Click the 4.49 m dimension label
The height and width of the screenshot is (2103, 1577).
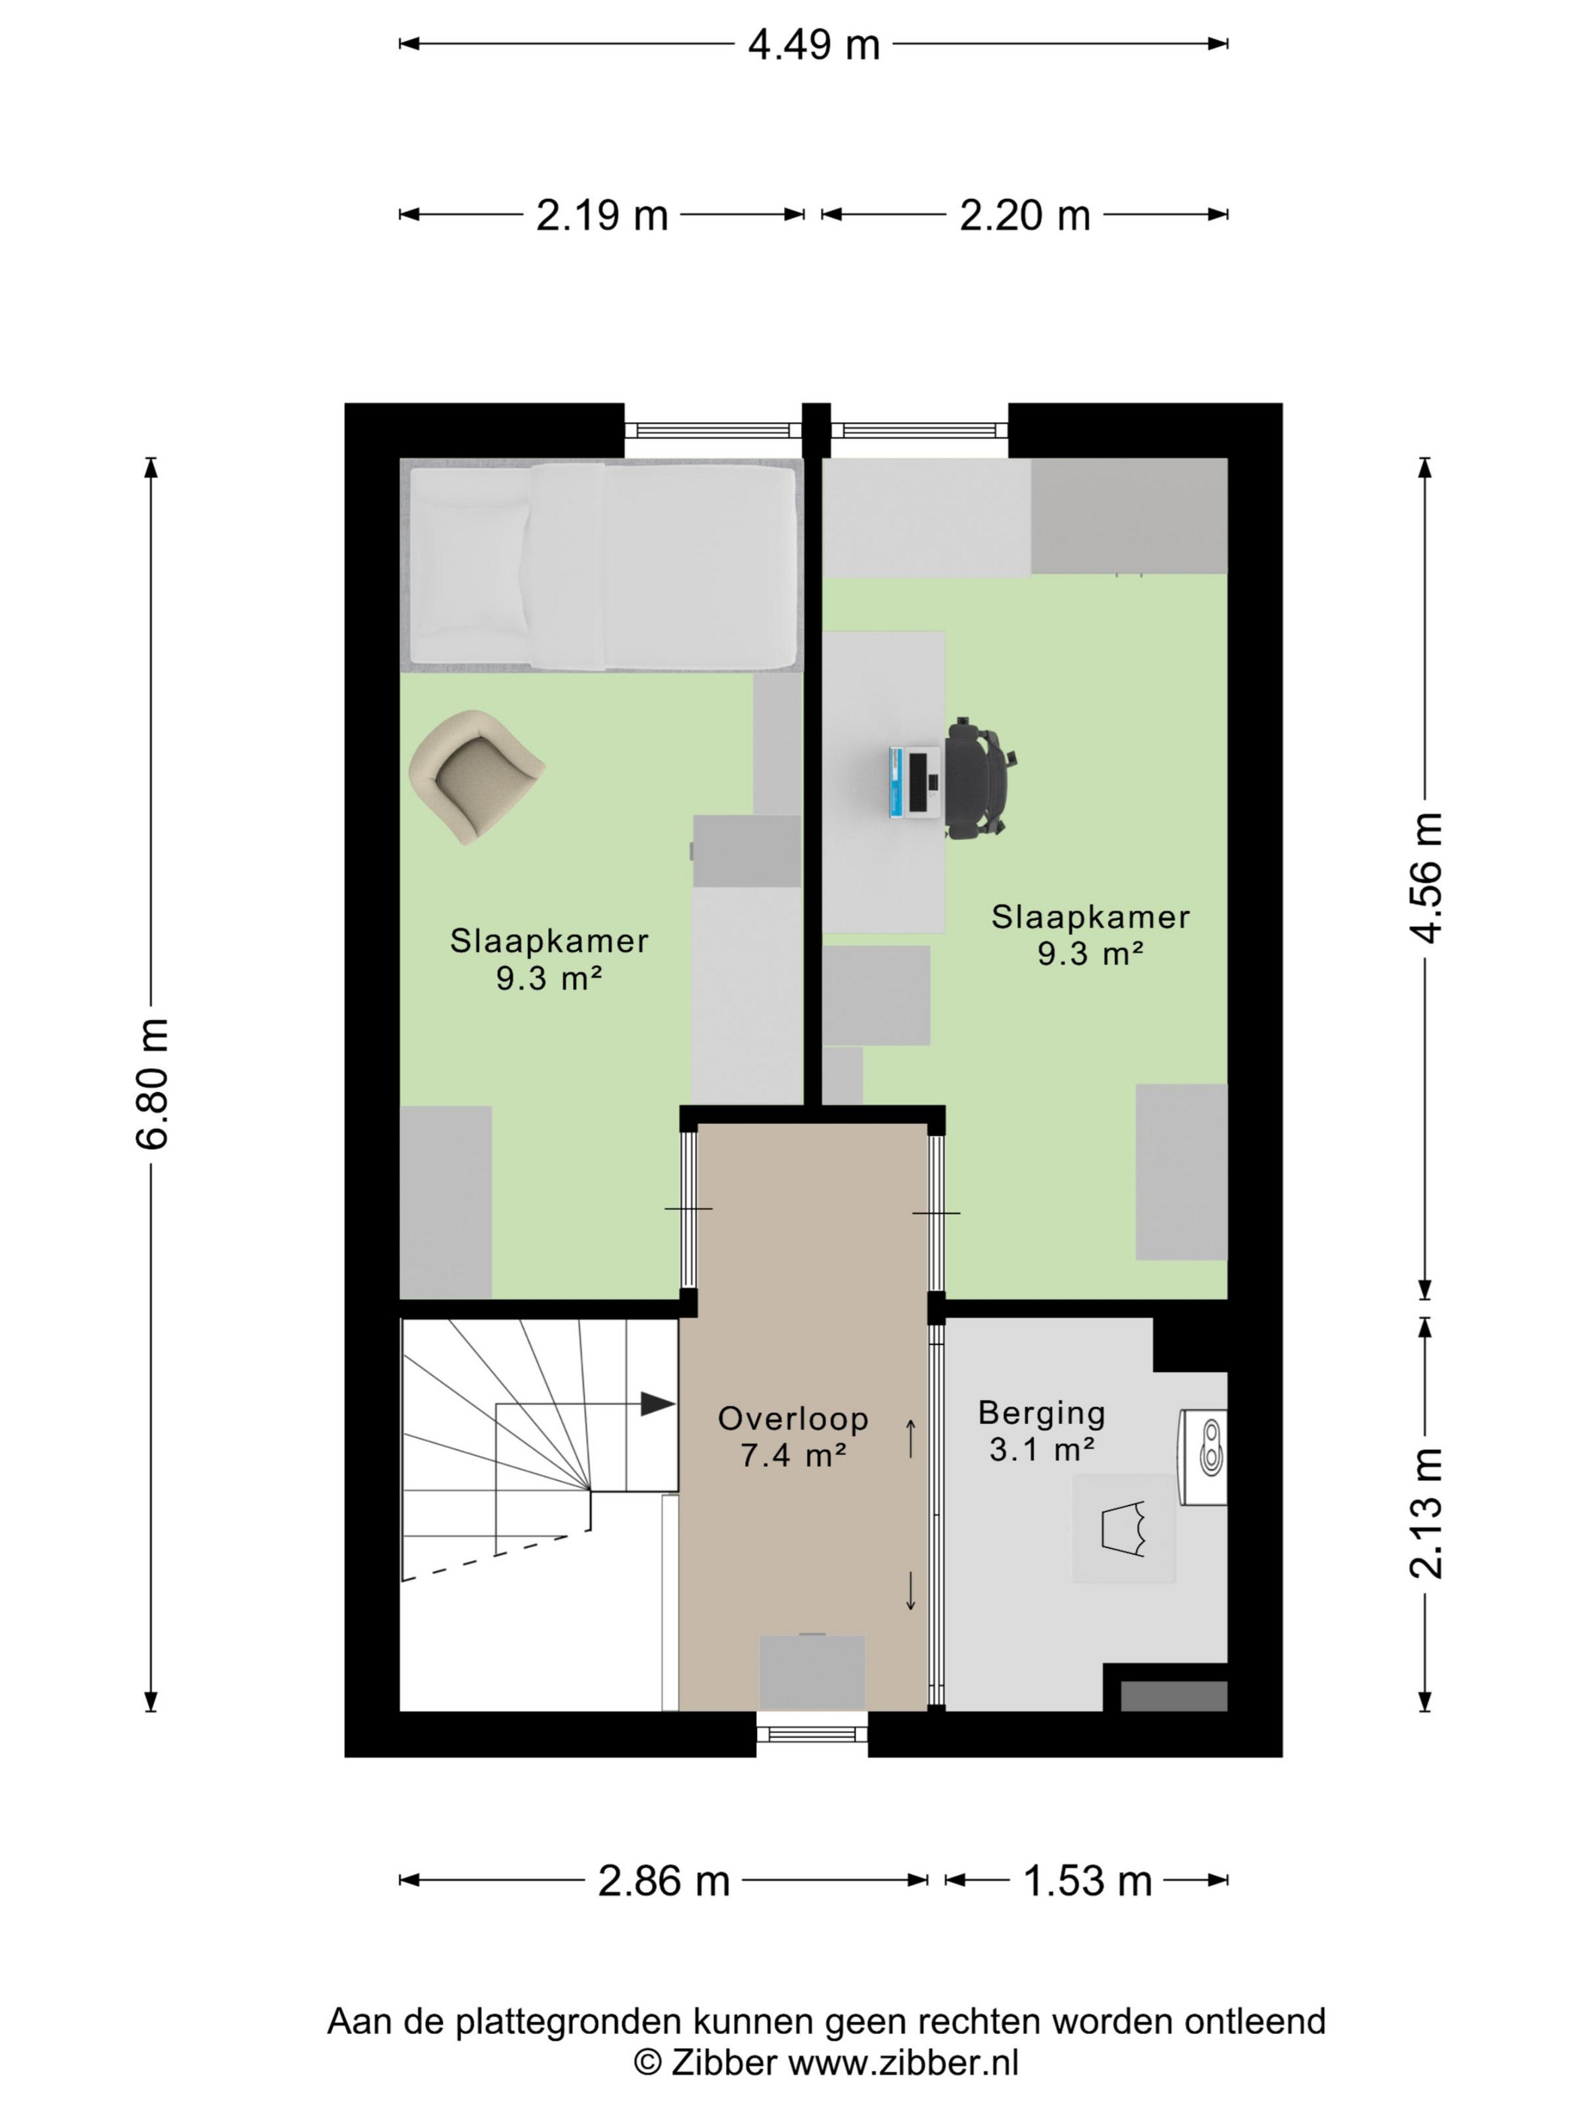click(x=814, y=44)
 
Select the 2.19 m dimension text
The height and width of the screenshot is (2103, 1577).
click(x=602, y=216)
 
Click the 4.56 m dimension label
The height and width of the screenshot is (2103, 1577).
click(x=1426, y=877)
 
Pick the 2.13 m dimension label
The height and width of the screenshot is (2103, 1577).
click(x=1426, y=1513)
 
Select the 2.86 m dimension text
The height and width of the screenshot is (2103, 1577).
click(x=664, y=1881)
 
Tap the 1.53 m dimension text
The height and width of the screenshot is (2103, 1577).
click(x=1087, y=1881)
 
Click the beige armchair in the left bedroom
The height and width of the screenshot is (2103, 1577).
click(x=475, y=777)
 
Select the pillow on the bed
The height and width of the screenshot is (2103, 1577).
click(x=469, y=568)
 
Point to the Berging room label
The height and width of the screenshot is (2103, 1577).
click(x=1042, y=1430)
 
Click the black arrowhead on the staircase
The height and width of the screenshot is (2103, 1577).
click(x=658, y=1403)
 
